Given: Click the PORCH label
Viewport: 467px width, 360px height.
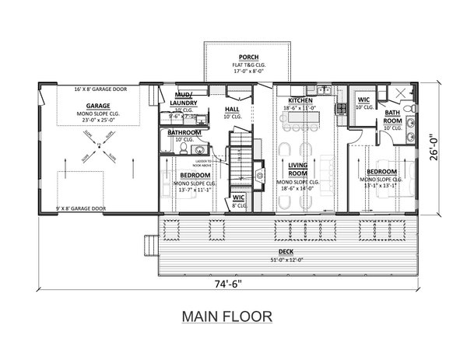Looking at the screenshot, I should [249, 58].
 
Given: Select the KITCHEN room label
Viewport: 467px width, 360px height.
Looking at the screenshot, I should [300, 101].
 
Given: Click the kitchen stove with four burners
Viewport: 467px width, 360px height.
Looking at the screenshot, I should [340, 113].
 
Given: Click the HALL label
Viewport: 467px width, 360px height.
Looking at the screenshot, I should [232, 110].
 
